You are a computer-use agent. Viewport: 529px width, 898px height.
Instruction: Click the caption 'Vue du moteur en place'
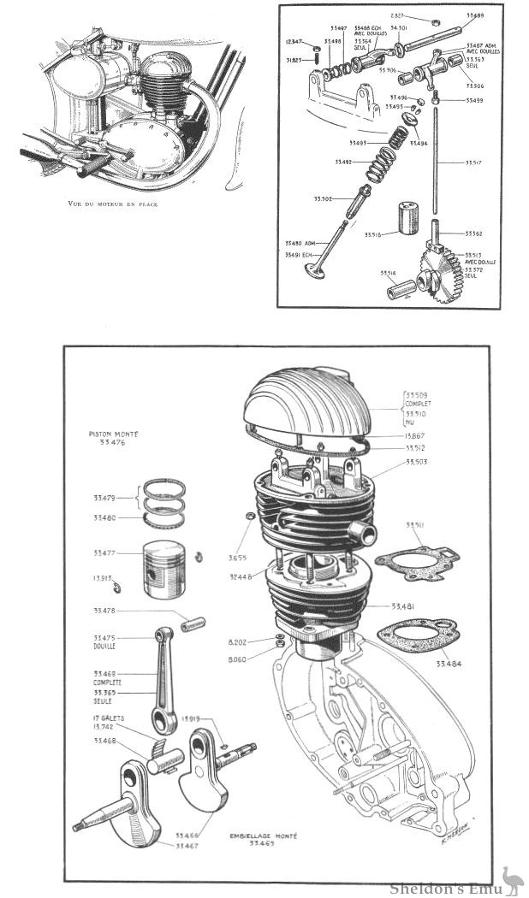tap(116, 204)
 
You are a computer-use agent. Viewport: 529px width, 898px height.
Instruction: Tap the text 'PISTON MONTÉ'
tap(113, 434)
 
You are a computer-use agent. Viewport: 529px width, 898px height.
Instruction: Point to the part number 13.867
tap(419, 435)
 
